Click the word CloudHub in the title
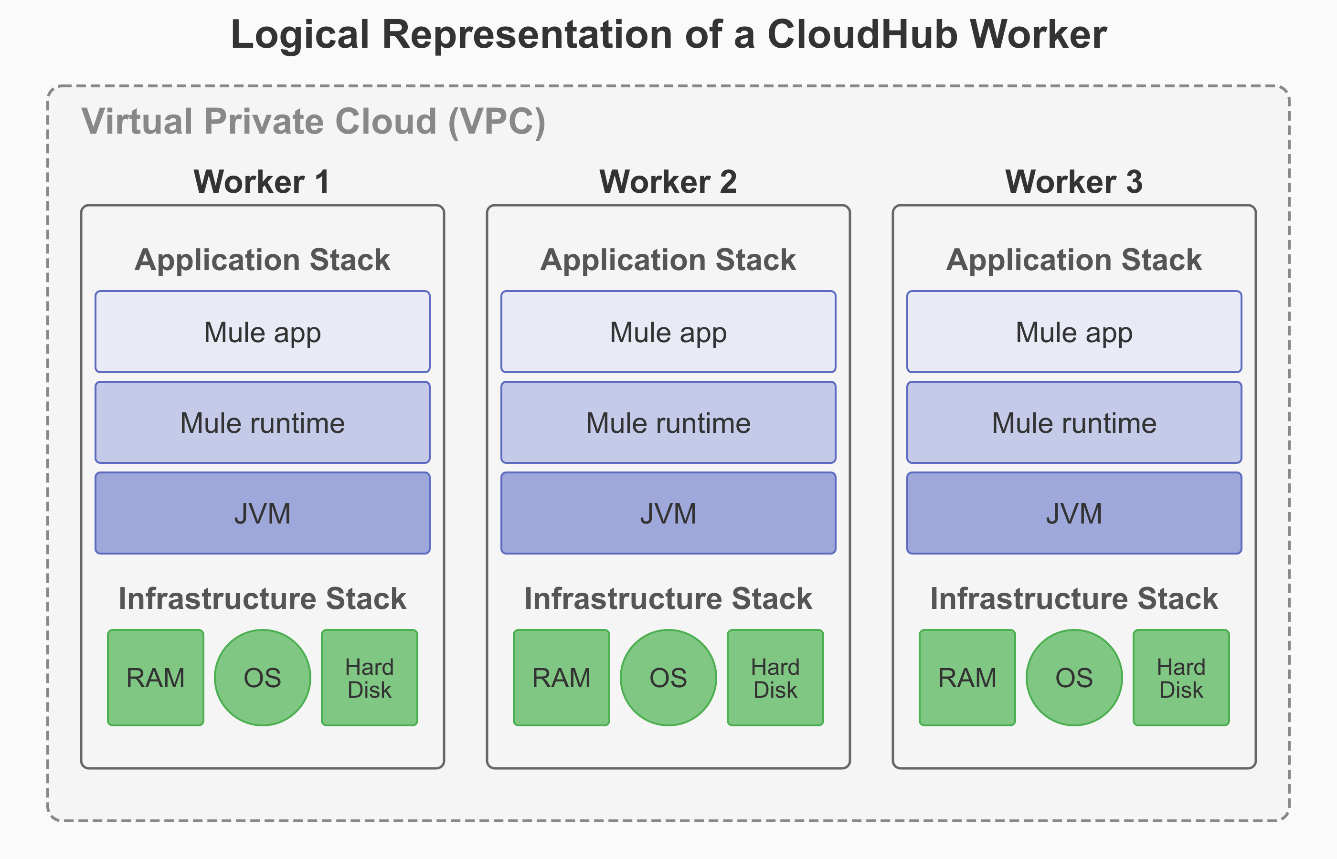[x=863, y=34]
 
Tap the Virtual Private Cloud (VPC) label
[x=313, y=121]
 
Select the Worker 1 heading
[x=261, y=182]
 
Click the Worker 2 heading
[x=668, y=182]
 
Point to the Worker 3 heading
[x=1073, y=182]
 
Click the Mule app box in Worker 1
[x=262, y=332]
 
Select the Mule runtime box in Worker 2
[x=668, y=423]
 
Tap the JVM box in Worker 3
[x=1073, y=513]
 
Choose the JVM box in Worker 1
[x=262, y=513]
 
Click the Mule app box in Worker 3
[x=1073, y=332]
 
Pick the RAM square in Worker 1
[x=156, y=678]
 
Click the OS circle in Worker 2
[x=668, y=678]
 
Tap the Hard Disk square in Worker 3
[x=1181, y=678]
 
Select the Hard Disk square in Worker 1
[x=370, y=678]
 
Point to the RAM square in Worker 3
[x=967, y=678]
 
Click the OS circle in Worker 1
[x=262, y=678]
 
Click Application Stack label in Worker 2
[x=668, y=260]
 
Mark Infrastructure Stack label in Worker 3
[x=1073, y=598]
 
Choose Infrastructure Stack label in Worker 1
[x=262, y=598]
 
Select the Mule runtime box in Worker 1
[x=262, y=423]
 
